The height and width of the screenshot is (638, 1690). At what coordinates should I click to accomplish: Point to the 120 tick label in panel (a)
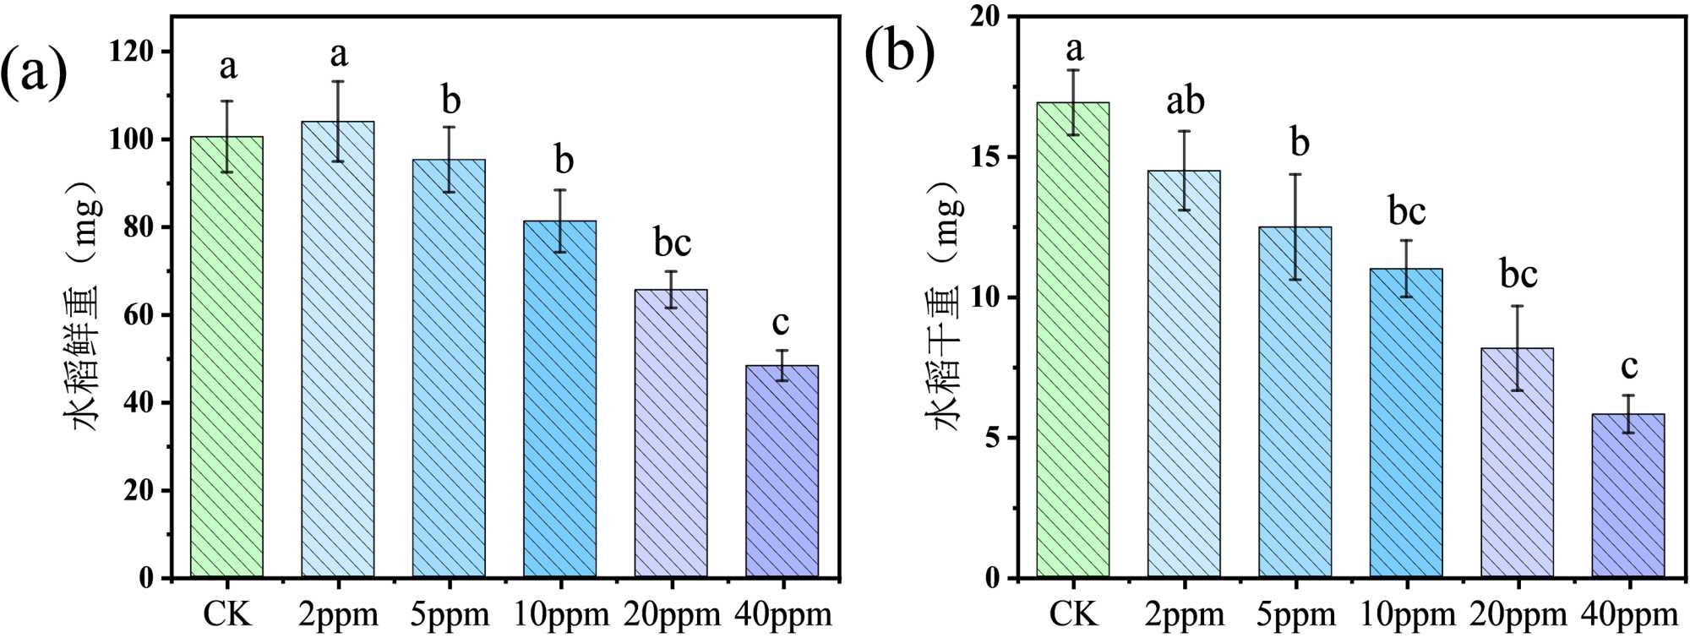coord(133,52)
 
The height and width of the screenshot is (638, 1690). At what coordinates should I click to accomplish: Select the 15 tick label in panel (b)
coord(987,157)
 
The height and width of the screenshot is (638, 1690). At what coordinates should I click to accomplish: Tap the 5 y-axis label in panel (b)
coord(995,438)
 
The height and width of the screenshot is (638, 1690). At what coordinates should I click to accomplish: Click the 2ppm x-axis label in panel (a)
coord(338,614)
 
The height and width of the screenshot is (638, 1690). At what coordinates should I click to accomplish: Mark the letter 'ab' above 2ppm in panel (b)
coord(1185,101)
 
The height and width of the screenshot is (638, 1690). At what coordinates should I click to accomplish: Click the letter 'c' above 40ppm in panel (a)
coord(781,322)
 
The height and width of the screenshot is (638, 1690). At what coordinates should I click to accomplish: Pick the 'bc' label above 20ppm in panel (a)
coord(673,243)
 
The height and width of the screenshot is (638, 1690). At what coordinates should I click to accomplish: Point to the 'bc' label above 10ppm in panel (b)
coord(1407,210)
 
